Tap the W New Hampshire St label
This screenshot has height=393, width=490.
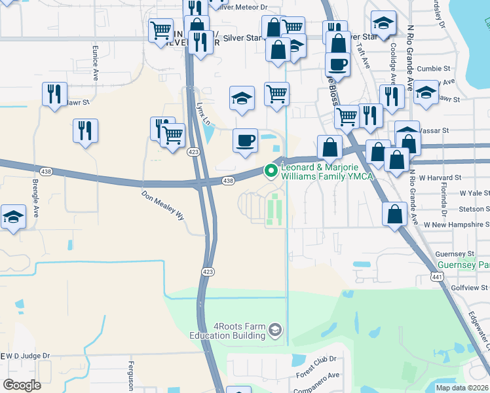455,225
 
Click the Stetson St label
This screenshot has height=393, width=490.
473,209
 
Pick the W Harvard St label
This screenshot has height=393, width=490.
441,178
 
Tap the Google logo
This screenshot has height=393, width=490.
22,385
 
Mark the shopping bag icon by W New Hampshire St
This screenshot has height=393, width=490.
394,215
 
